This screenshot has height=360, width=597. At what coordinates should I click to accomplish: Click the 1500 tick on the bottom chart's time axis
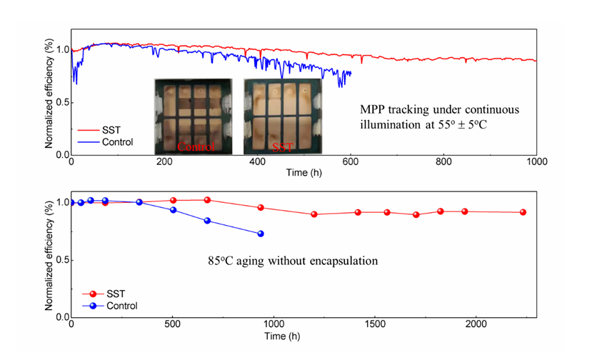click(x=375, y=326)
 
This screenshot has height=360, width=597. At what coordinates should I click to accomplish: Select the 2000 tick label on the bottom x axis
click(x=476, y=326)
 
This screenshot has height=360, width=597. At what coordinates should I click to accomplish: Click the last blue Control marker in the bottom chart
click(x=261, y=234)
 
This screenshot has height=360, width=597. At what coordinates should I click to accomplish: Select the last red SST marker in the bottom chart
click(x=523, y=212)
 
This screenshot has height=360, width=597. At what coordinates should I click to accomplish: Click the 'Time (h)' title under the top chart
click(x=303, y=173)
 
